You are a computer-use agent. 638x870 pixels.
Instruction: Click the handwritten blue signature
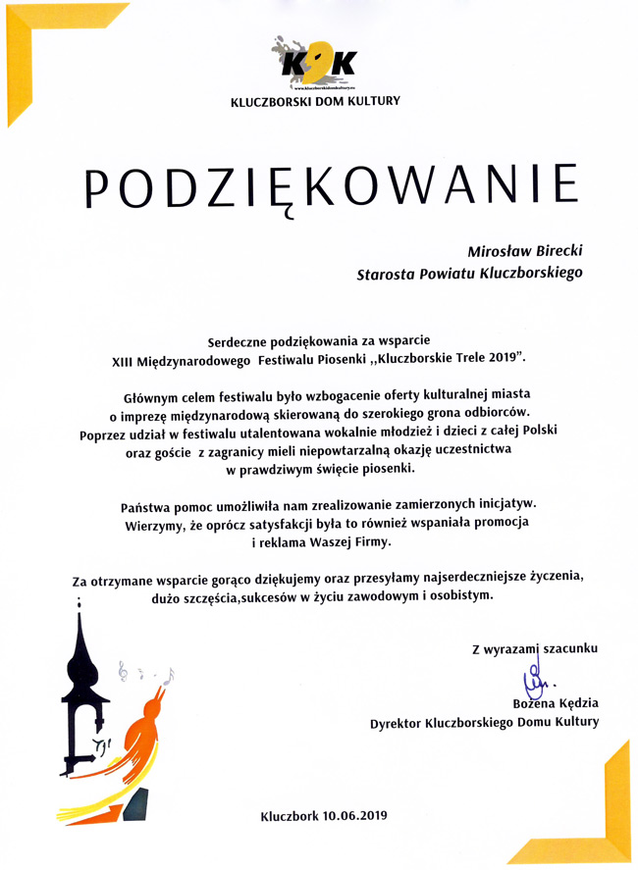[x=537, y=678]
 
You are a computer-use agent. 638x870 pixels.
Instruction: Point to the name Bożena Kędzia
[x=556, y=703]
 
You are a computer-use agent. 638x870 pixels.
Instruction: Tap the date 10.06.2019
[x=355, y=815]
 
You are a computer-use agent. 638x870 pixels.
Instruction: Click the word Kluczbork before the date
[x=291, y=815]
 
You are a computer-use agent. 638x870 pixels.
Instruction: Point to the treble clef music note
[x=123, y=671]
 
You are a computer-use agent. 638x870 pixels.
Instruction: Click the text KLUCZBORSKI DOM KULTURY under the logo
[x=315, y=101]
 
